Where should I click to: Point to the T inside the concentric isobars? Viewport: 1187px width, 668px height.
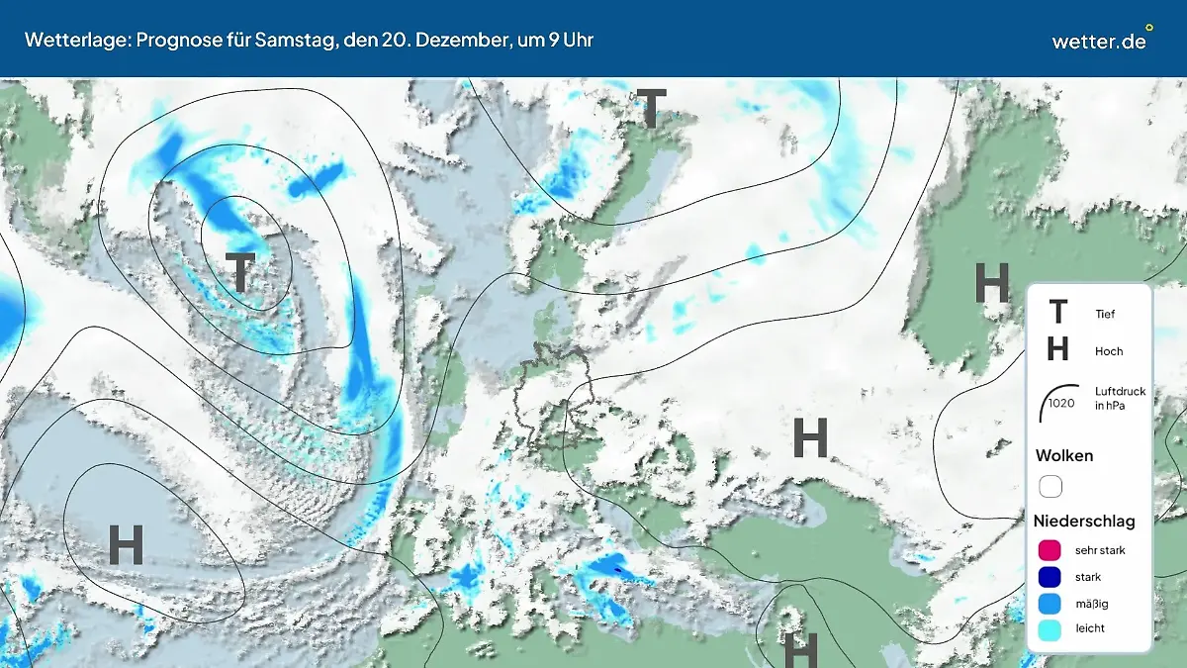pyautogui.click(x=240, y=273)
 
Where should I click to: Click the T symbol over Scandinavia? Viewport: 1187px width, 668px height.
pyautogui.click(x=650, y=109)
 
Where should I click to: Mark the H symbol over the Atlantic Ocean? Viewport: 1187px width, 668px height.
pyautogui.click(x=126, y=544)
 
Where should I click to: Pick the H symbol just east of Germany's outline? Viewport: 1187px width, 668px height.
pyautogui.click(x=810, y=438)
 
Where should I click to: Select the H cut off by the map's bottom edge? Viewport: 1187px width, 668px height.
pyautogui.click(x=800, y=650)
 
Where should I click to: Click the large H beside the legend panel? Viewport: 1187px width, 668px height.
pyautogui.click(x=991, y=284)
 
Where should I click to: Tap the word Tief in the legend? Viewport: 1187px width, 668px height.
pyautogui.click(x=1105, y=315)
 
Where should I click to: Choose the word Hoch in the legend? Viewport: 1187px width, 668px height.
pyautogui.click(x=1109, y=351)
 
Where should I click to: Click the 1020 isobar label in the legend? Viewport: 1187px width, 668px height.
pyautogui.click(x=1061, y=403)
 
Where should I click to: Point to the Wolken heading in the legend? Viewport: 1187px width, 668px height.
pyautogui.click(x=1064, y=456)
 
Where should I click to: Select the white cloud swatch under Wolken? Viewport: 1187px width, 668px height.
pyautogui.click(x=1050, y=487)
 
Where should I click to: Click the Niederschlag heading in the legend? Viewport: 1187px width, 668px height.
pyautogui.click(x=1084, y=521)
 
